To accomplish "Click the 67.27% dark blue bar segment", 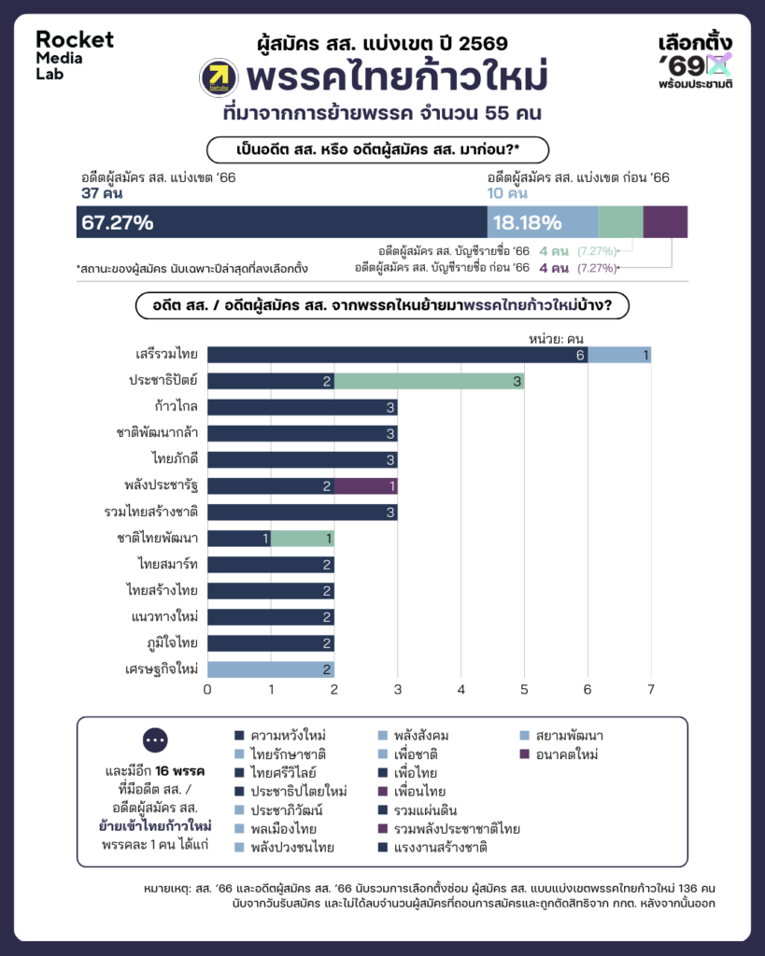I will click(281, 222).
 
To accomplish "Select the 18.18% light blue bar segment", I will click(542, 222).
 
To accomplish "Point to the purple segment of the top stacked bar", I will click(665, 222).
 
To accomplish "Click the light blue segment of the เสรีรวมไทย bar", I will click(619, 355).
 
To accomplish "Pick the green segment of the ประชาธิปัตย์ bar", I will click(429, 381).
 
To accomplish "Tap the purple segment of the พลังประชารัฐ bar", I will click(365, 485).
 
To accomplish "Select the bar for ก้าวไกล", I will click(302, 407).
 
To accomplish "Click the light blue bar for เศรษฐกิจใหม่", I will click(270, 668).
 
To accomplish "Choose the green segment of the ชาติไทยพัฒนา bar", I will click(302, 538).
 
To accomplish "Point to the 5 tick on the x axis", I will click(524, 690).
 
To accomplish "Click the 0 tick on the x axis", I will click(207, 690).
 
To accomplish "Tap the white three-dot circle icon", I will click(156, 739).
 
